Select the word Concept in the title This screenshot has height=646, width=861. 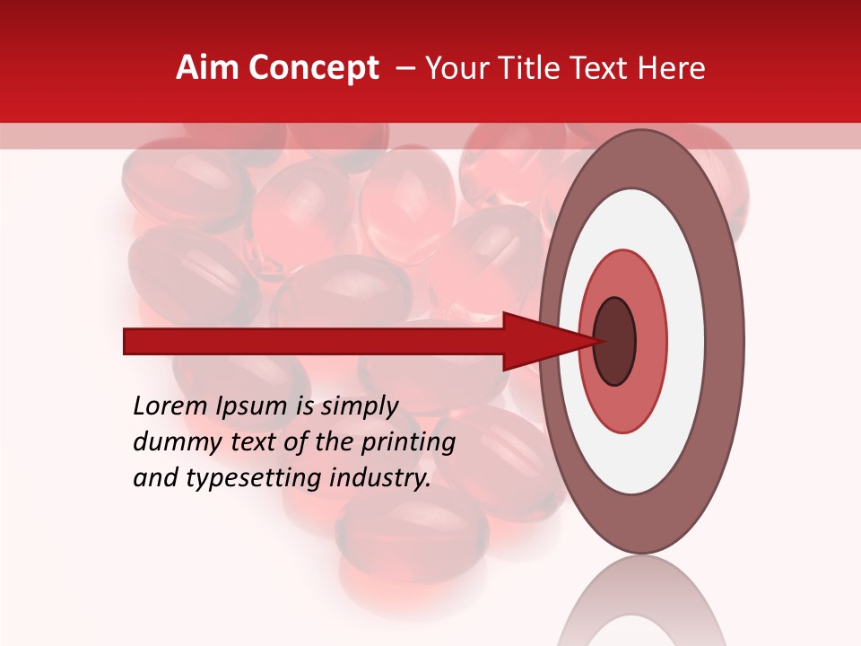[x=315, y=68]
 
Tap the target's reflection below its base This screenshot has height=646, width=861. [x=641, y=601]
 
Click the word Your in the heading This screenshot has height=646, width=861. [x=457, y=68]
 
